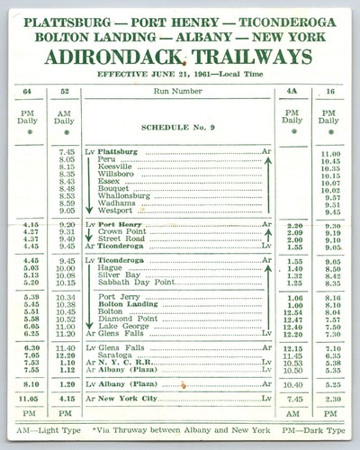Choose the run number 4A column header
292,92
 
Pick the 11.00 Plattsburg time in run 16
330,154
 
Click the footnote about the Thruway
192,429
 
